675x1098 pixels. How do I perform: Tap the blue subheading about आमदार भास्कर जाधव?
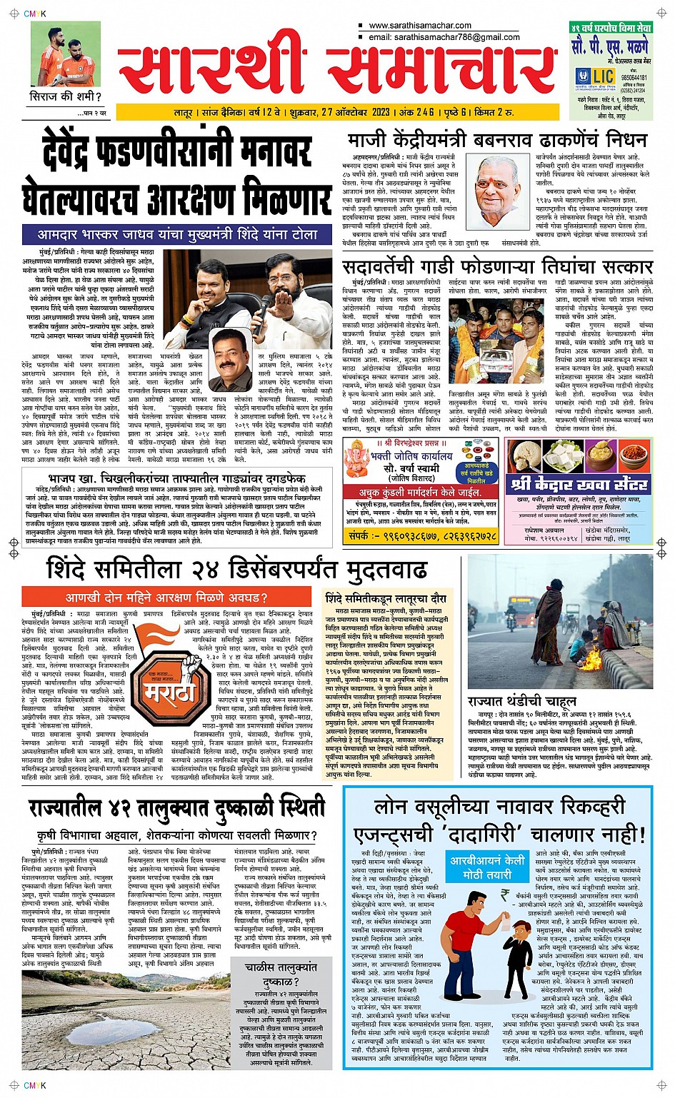178,234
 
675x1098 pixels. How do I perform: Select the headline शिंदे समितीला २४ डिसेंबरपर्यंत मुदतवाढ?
236,570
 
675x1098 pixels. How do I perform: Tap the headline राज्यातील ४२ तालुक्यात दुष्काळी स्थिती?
176,807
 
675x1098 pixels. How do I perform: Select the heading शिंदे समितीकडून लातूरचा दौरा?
386,598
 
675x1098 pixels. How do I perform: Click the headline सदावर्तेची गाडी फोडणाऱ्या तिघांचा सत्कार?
498,267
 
